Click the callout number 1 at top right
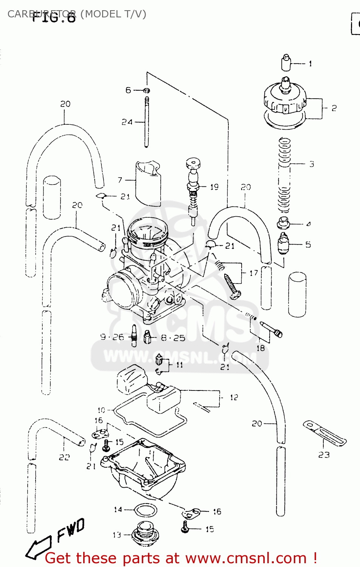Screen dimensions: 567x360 click(310, 64)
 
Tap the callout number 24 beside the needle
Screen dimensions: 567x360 click(127, 122)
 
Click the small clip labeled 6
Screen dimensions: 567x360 click(147, 90)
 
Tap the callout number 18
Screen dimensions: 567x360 click(261, 348)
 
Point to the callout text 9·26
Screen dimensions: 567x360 click(112, 337)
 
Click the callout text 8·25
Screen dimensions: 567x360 click(173, 338)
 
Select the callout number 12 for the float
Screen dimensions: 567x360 click(234, 397)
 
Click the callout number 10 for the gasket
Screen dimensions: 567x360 click(101, 410)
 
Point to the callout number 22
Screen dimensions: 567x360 click(64, 457)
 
